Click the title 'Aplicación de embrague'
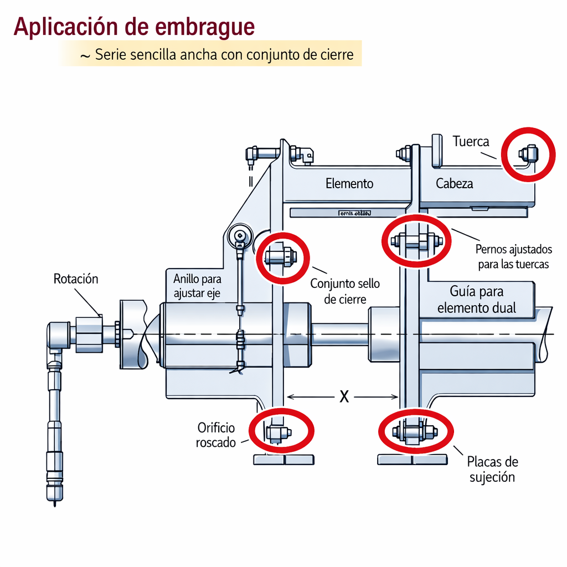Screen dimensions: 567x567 (135, 27)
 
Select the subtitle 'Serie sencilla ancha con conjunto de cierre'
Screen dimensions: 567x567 (224, 55)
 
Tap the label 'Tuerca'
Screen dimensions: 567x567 (471, 141)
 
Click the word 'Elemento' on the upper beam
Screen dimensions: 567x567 (349, 183)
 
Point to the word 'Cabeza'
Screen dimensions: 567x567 (455, 183)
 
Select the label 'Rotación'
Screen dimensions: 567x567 (76, 279)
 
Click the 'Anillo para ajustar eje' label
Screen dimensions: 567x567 (197, 286)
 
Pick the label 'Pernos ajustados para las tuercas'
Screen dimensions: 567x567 (513, 257)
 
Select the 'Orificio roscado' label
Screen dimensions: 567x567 (216, 435)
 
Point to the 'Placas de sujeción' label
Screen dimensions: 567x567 (492, 469)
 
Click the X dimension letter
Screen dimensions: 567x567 (344, 396)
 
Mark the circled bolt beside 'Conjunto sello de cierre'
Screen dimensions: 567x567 (281, 257)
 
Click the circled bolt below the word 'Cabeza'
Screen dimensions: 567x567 (416, 241)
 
